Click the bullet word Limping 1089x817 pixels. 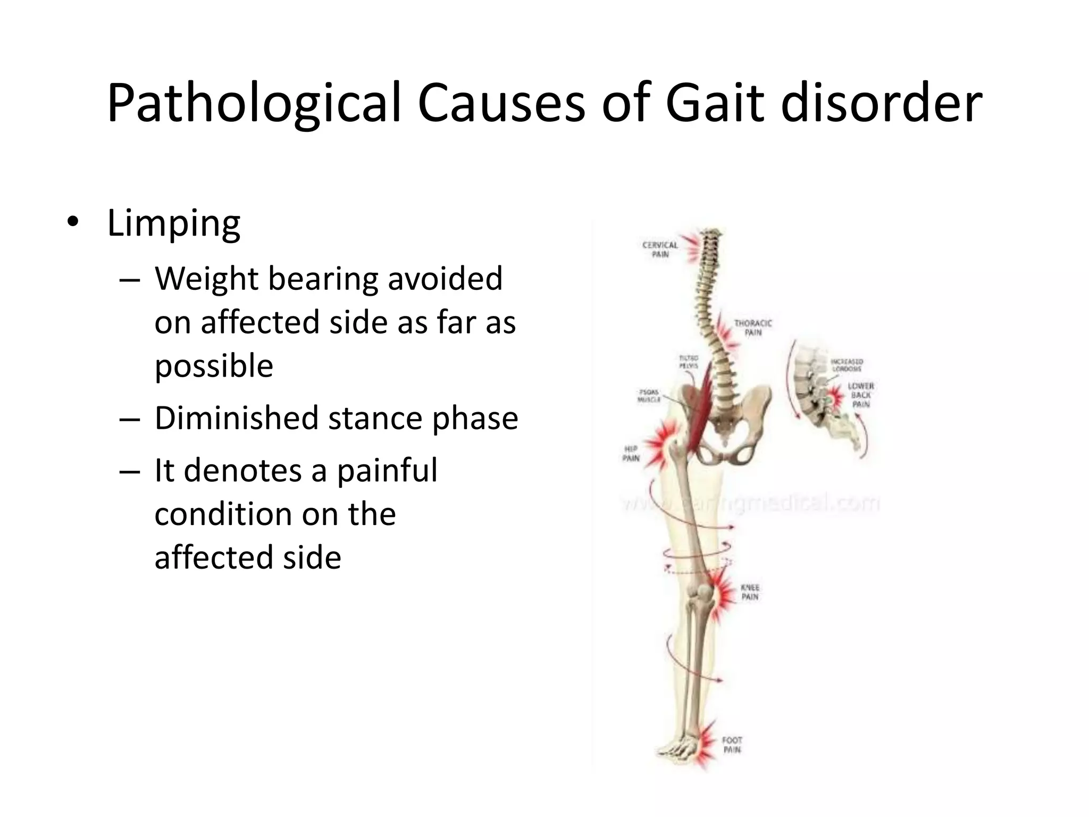pos(174,224)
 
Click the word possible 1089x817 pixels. pos(214,366)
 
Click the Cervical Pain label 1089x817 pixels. pos(660,249)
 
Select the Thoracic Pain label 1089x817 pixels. pos(752,328)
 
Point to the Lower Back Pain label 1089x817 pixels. pos(860,395)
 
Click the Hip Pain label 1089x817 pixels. pos(631,453)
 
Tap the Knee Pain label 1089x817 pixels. pos(750,592)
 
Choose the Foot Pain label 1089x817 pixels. pos(732,745)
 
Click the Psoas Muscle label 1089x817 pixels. pos(649,396)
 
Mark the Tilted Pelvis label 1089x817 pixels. pos(688,362)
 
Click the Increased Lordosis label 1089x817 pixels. pos(847,365)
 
